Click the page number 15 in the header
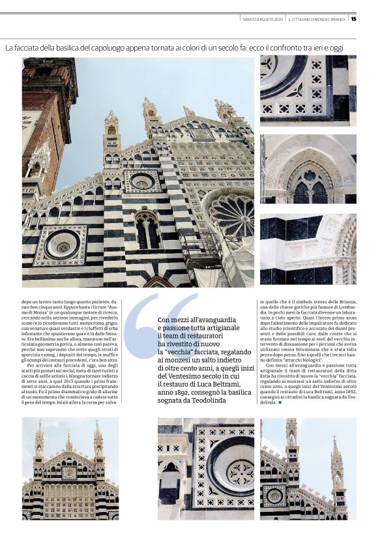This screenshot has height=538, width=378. [x=353, y=18]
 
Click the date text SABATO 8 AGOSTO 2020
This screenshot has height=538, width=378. [x=262, y=19]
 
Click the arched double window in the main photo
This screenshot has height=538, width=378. [x=147, y=232]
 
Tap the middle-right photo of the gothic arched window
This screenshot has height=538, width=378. [x=308, y=170]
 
